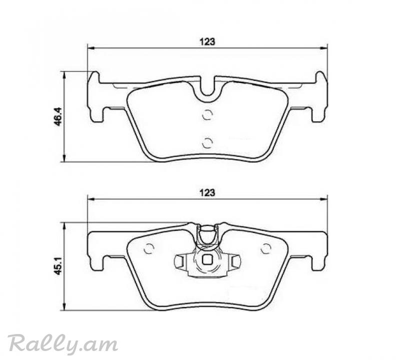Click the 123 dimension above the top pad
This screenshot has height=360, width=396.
click(207, 42)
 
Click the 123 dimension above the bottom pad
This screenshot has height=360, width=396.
click(207, 193)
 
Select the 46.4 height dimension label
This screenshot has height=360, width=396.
click(58, 116)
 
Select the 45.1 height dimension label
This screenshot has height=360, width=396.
click(58, 266)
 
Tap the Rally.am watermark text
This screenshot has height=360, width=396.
click(63, 343)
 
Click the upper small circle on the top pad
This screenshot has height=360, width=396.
click(207, 115)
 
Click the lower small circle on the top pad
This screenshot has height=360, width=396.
click(207, 143)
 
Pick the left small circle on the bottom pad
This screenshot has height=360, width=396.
click(149, 249)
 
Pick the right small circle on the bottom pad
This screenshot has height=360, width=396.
click(266, 249)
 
